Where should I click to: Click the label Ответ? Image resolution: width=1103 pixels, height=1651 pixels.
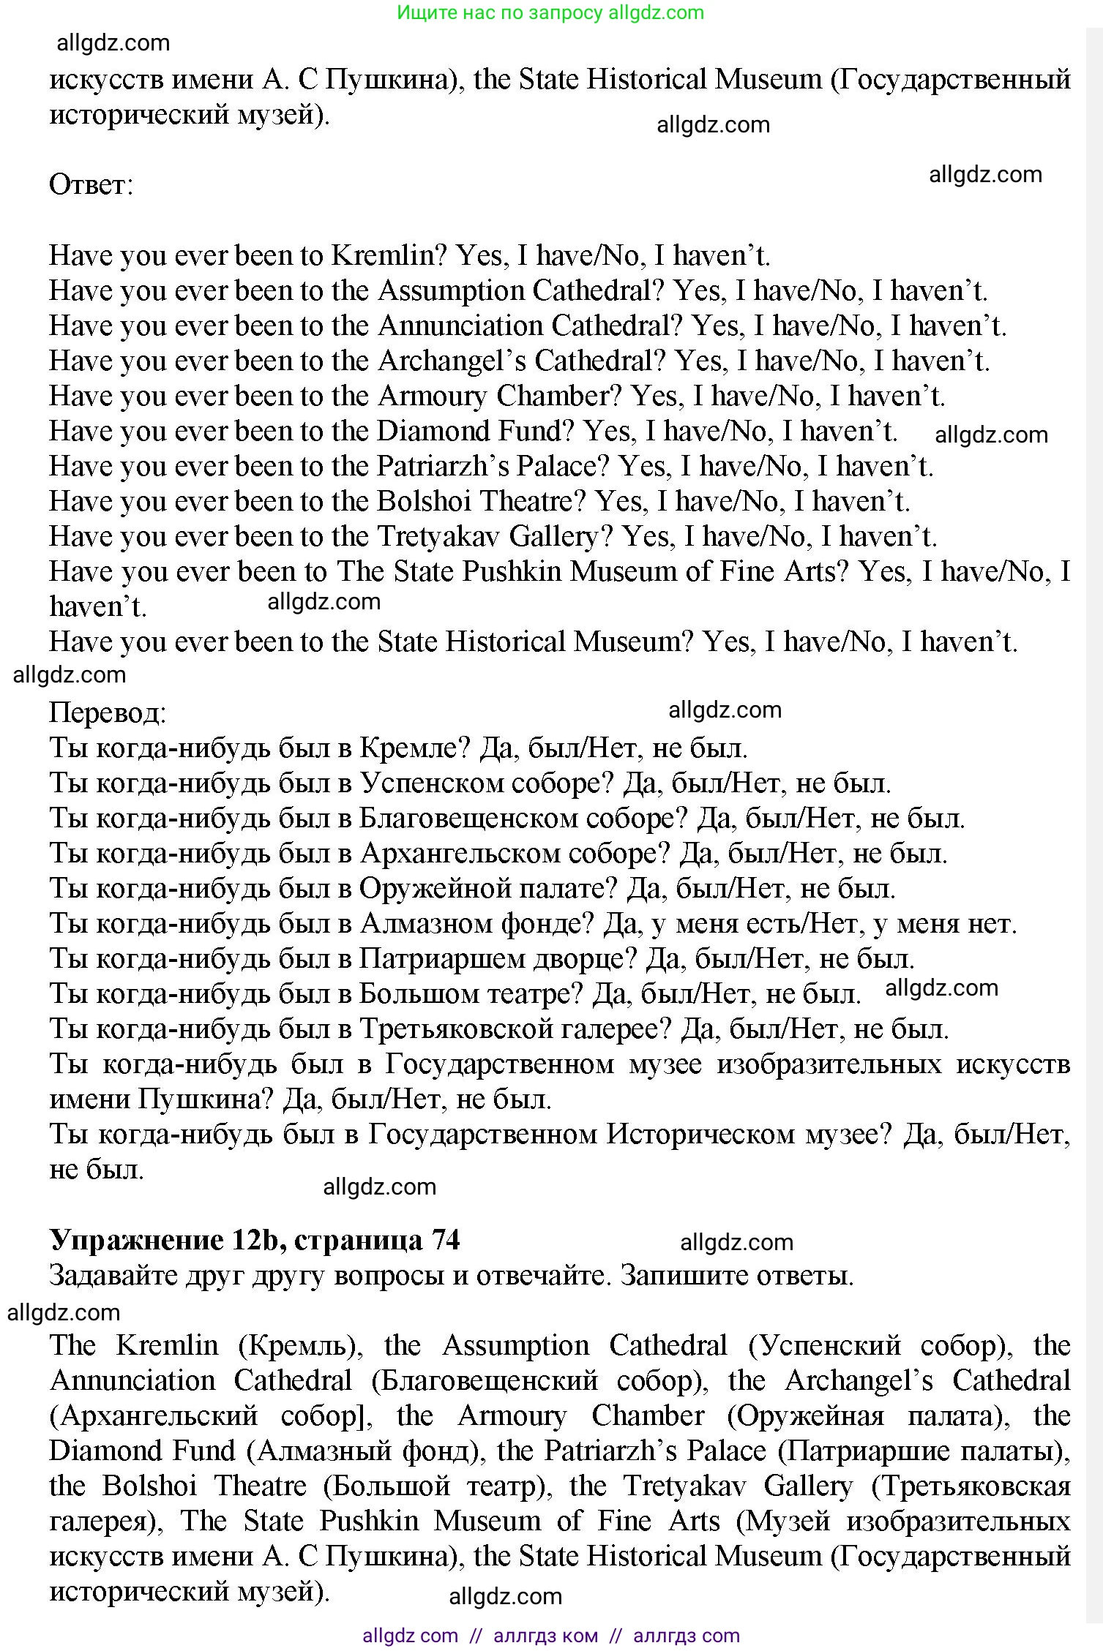coord(91,184)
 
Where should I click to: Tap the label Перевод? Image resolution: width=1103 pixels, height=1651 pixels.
coord(108,712)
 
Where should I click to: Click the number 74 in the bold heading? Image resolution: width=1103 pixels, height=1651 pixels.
coord(445,1239)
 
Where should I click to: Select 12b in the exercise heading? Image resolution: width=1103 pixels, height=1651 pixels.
coord(254,1239)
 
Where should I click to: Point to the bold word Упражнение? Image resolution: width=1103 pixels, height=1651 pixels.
coord(136,1239)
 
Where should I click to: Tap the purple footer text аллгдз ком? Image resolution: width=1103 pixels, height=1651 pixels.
coord(545,1636)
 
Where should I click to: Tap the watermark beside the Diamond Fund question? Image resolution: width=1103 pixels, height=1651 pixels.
coord(991,435)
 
